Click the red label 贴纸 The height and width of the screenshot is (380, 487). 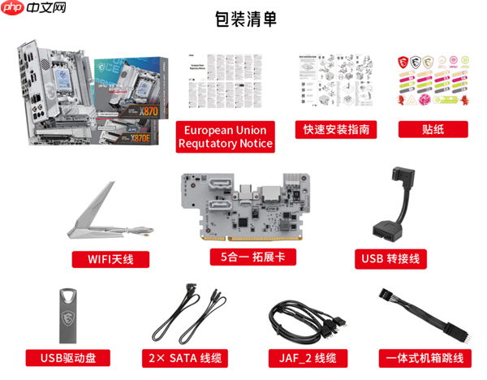tap(432, 130)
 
